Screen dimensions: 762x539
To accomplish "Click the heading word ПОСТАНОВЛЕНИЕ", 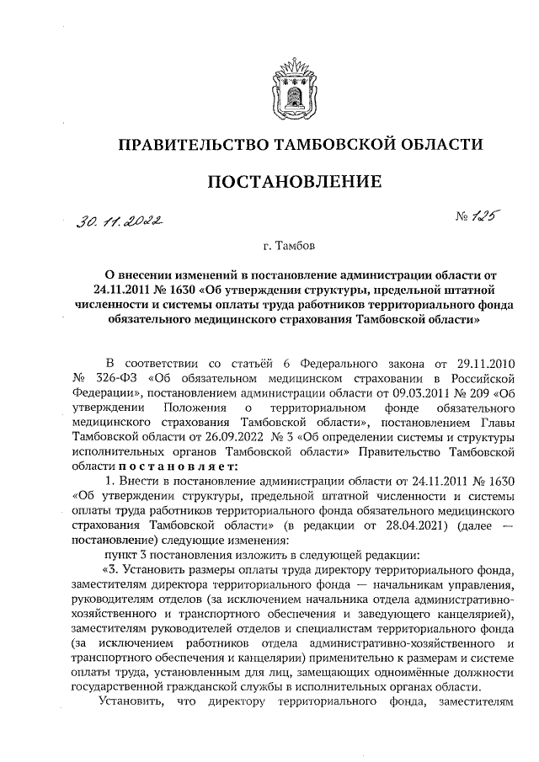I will click(x=294, y=181).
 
